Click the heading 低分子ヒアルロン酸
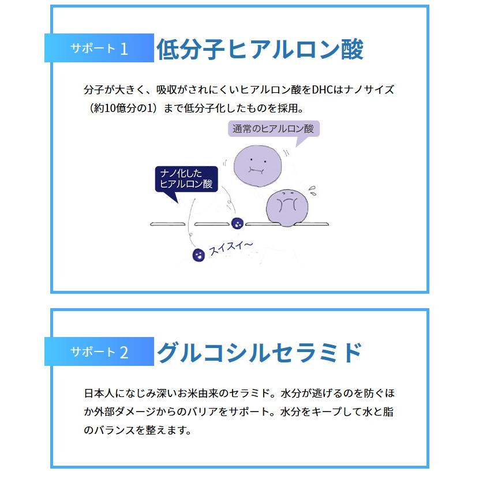[260, 50]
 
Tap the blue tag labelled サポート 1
[99, 48]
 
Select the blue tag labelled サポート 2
[99, 351]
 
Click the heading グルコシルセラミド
[260, 352]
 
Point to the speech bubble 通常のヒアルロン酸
[272, 129]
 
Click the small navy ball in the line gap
[236, 223]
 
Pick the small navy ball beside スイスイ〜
[198, 254]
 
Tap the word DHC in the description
[325, 91]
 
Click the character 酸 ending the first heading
[350, 50]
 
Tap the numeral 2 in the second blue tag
[124, 352]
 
